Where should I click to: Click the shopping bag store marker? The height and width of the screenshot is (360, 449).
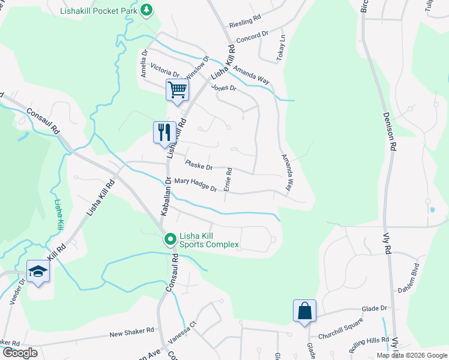click(x=304, y=311)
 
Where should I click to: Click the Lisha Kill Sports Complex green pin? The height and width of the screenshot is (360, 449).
click(x=170, y=239)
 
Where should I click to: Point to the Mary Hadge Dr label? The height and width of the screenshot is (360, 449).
click(x=195, y=184)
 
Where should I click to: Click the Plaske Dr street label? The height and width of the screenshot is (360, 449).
click(x=199, y=165)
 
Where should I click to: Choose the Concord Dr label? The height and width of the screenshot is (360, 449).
click(x=252, y=37)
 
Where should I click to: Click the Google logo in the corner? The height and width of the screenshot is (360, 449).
click(x=20, y=353)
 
